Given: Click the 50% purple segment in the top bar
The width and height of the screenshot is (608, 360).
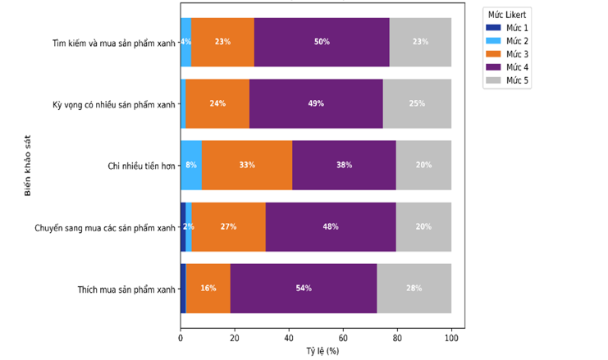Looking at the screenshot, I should (322, 42).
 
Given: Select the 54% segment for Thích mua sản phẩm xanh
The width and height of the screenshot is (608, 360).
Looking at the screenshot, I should (304, 289).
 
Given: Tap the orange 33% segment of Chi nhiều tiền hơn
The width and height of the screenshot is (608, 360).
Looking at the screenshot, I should (247, 165).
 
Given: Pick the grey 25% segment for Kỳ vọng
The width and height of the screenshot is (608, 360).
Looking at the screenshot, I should (417, 103).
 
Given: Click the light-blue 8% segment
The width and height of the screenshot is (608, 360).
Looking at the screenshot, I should (191, 165).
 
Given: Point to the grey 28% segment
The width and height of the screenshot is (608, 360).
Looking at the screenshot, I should (414, 289).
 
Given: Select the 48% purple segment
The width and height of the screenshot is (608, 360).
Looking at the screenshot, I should (331, 226).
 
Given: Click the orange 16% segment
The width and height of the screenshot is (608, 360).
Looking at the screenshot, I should (208, 289).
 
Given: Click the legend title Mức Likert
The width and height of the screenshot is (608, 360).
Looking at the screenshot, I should (507, 15).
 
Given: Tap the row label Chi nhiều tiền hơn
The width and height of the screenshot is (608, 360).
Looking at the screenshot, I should (141, 166).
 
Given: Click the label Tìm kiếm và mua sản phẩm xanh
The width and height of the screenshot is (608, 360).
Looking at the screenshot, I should (114, 43).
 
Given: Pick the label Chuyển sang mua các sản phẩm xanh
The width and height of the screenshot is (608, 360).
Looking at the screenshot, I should (105, 227).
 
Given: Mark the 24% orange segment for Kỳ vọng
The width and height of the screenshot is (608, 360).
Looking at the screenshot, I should (217, 103).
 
